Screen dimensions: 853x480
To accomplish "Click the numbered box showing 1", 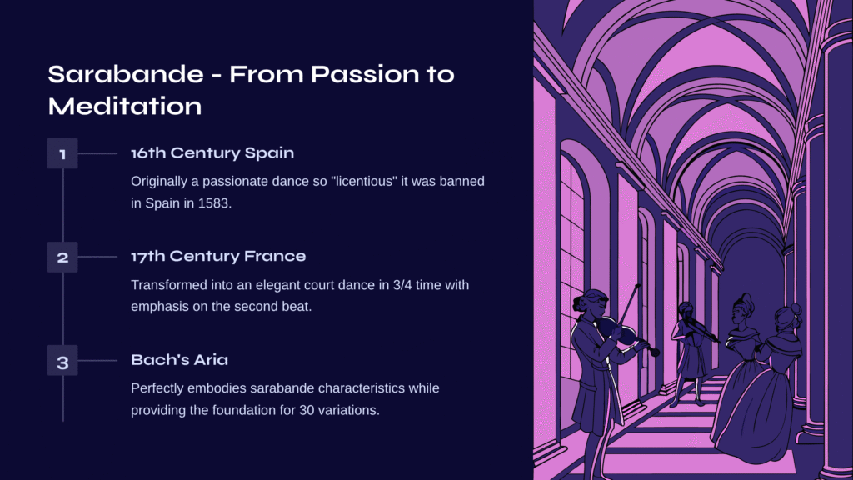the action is point(62,153).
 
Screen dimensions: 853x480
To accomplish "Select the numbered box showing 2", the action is point(62,257).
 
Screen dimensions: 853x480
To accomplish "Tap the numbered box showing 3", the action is point(62,360).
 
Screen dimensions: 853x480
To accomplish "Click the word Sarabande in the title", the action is point(126,74).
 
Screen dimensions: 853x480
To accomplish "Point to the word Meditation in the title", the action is point(125,106).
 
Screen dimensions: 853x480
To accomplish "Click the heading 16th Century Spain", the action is point(212,153).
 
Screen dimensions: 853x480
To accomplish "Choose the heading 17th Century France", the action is point(218,257).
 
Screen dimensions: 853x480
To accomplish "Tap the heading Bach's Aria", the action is point(180,360).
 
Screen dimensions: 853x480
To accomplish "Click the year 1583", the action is point(214,203).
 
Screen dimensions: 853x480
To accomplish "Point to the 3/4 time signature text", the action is point(402,285).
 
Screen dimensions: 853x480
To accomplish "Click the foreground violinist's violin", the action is point(626,333).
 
